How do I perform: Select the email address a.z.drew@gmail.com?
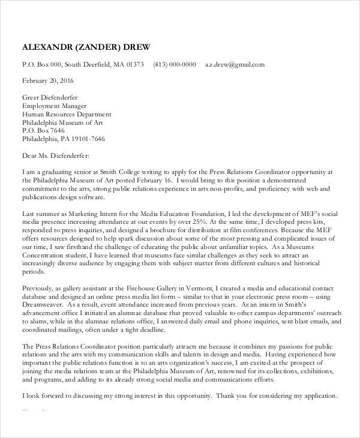click(235, 64)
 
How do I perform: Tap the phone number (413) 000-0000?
click(174, 64)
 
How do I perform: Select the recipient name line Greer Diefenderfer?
click(50, 97)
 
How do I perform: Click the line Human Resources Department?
click(67, 113)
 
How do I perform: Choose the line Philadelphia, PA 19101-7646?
click(64, 139)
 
